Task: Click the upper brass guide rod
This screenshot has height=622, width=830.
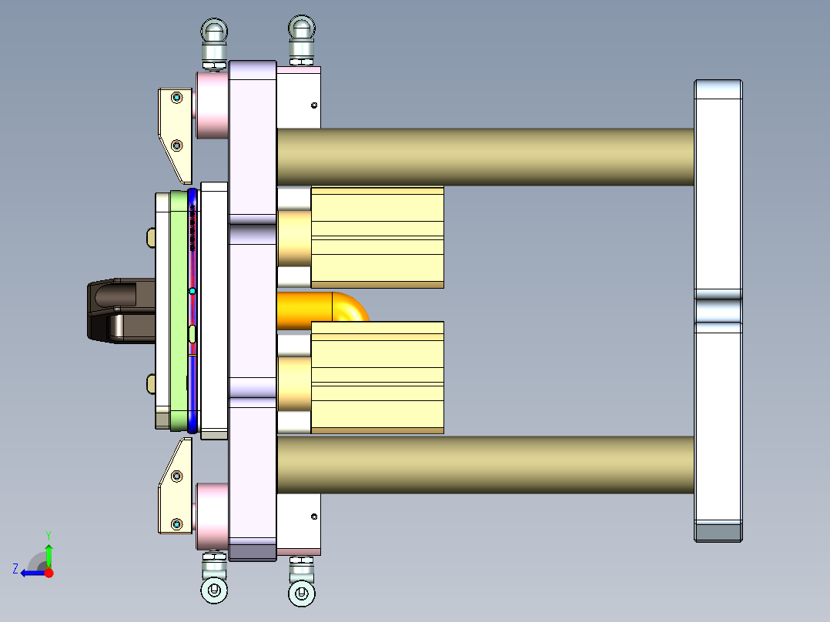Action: (x=485, y=157)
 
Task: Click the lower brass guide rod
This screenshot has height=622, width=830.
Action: (x=485, y=465)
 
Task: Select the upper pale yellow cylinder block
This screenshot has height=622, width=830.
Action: (x=377, y=237)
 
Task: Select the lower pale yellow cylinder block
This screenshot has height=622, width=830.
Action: (x=377, y=377)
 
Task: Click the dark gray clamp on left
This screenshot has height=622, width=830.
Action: (x=115, y=310)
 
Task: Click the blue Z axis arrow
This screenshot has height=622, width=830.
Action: (x=31, y=572)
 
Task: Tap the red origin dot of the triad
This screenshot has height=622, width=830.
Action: (x=49, y=573)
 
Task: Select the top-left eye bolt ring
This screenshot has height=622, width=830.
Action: (x=214, y=32)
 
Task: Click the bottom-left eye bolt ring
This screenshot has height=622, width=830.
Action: (x=214, y=591)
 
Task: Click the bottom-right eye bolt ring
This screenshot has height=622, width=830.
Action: (x=301, y=594)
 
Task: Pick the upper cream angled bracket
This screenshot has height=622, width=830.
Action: (x=176, y=127)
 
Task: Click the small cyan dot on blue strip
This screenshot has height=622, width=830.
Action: (x=192, y=291)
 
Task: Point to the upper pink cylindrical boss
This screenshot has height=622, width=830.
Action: (x=210, y=105)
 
